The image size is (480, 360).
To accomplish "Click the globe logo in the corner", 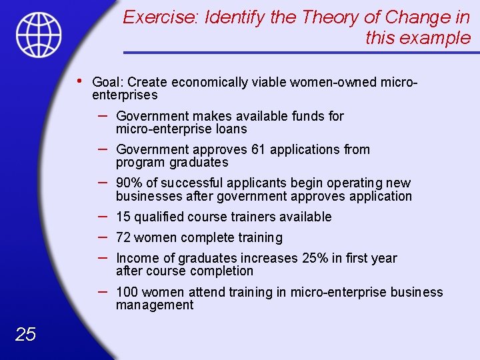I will [39, 35].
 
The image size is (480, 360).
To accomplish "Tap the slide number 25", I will [25, 334].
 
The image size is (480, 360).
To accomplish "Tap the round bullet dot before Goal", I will [79, 81].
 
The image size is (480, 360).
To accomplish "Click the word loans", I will [230, 129].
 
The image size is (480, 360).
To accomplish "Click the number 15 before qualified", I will [123, 217].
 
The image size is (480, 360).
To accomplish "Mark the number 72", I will [123, 237].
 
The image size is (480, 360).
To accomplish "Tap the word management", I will [155, 305].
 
